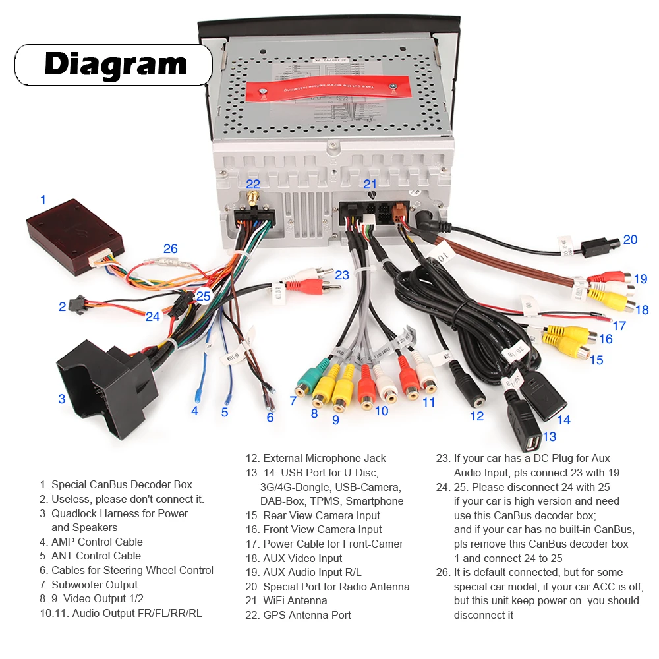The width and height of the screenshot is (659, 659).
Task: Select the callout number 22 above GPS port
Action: pos(253,185)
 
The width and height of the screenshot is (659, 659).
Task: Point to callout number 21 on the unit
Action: pos(370,185)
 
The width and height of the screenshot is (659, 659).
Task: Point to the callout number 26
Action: pos(171,248)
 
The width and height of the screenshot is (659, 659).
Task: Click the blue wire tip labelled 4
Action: pos(197,396)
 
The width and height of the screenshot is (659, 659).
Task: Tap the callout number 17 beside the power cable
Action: pos(619,326)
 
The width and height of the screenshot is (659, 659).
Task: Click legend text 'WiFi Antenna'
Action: pos(295,600)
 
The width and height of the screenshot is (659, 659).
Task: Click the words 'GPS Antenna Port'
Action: pos(306,615)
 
